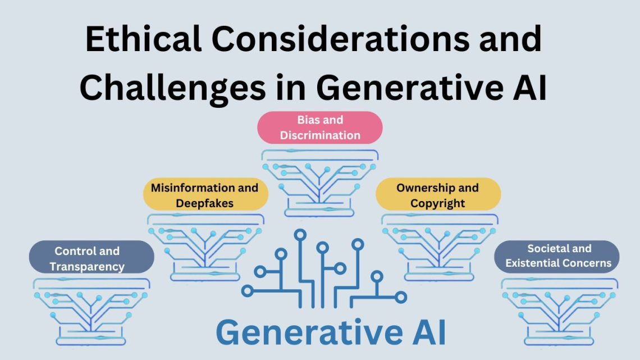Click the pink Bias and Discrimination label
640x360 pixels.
[319, 127]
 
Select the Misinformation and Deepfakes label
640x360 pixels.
[204, 194]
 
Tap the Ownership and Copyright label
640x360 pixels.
[437, 194]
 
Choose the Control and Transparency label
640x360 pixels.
[91, 258]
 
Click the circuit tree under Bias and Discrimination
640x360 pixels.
[319, 180]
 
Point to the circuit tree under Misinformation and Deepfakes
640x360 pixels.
[205, 247]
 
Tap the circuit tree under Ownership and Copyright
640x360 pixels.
[438, 247]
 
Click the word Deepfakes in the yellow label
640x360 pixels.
[204, 202]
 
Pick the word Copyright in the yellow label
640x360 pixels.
[437, 202]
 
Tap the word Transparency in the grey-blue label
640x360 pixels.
[87, 267]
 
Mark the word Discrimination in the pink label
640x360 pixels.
[320, 135]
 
